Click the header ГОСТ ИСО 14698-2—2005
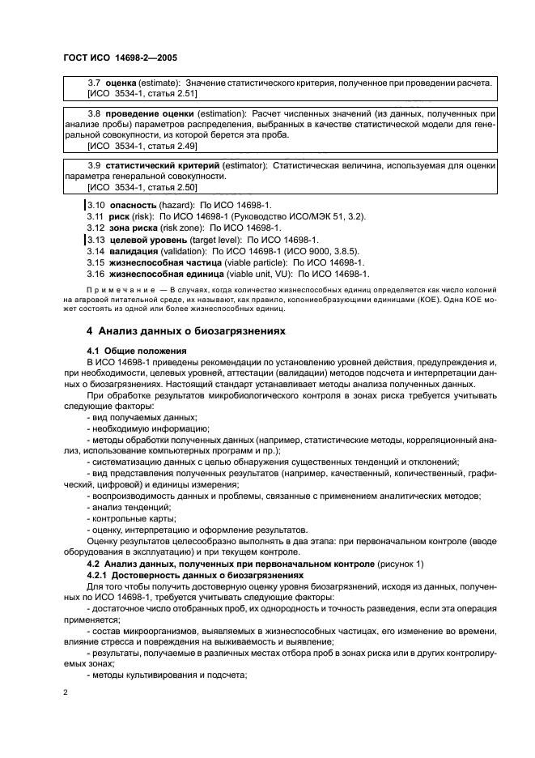(x=121, y=58)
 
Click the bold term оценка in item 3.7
(x=121, y=83)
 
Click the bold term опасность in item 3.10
(x=133, y=207)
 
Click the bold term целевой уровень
(x=149, y=241)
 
